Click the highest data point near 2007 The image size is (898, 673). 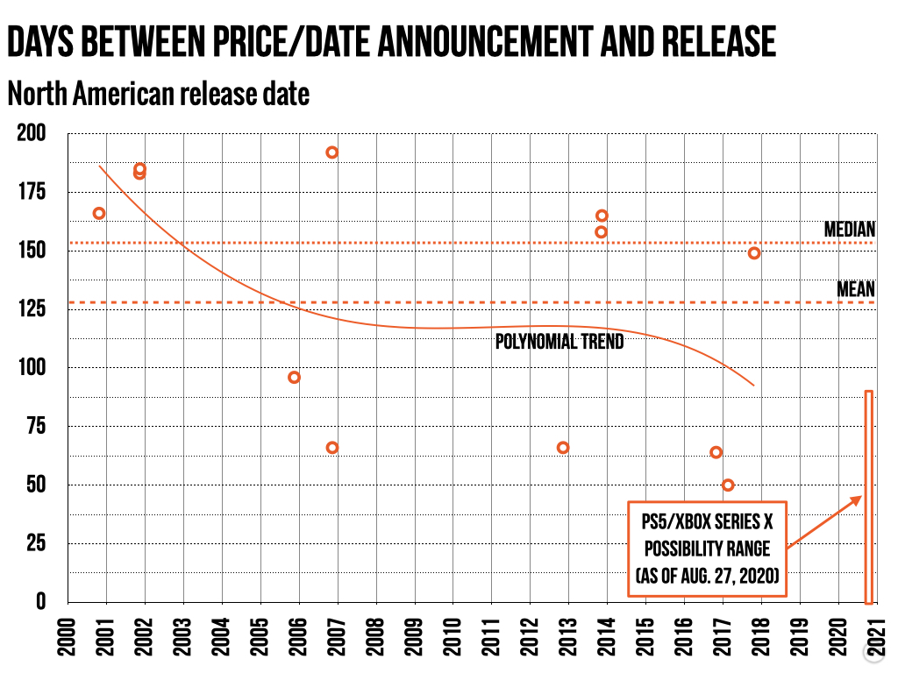(x=332, y=152)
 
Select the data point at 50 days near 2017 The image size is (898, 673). (x=728, y=485)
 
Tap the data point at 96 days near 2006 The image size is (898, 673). (x=295, y=377)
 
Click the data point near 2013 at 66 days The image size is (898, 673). (x=563, y=448)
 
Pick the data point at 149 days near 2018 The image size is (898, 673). (x=754, y=253)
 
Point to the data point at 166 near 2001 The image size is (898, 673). (x=99, y=213)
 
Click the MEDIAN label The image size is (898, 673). (x=849, y=230)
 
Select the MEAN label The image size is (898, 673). (x=856, y=288)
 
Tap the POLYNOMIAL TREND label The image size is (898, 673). (x=559, y=342)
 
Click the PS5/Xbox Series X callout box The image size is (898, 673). (x=707, y=549)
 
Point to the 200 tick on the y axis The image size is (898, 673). (x=32, y=134)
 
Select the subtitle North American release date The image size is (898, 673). (x=159, y=92)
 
